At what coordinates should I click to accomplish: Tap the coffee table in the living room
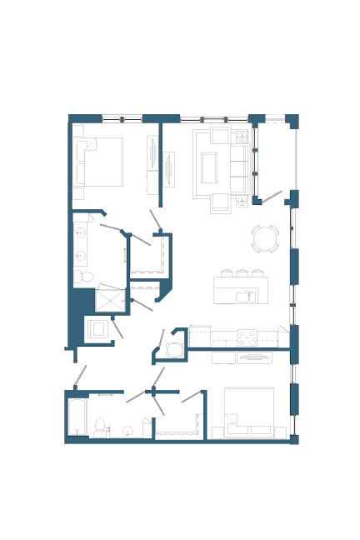[208, 167]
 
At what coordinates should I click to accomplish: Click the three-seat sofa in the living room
[238, 167]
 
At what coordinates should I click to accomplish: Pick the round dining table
[265, 238]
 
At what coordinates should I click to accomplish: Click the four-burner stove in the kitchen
[247, 337]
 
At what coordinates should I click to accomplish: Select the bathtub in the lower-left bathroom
[77, 417]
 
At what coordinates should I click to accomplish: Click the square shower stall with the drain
[110, 299]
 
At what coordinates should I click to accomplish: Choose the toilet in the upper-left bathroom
[79, 276]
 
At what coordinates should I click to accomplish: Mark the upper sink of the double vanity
[81, 233]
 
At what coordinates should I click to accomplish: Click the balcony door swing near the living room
[272, 197]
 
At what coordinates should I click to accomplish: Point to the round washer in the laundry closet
[174, 350]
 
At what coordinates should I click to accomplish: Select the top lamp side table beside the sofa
[242, 137]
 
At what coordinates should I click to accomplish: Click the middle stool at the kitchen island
[242, 273]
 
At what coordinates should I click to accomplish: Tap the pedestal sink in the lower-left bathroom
[128, 431]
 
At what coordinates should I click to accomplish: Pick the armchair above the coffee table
[220, 136]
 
